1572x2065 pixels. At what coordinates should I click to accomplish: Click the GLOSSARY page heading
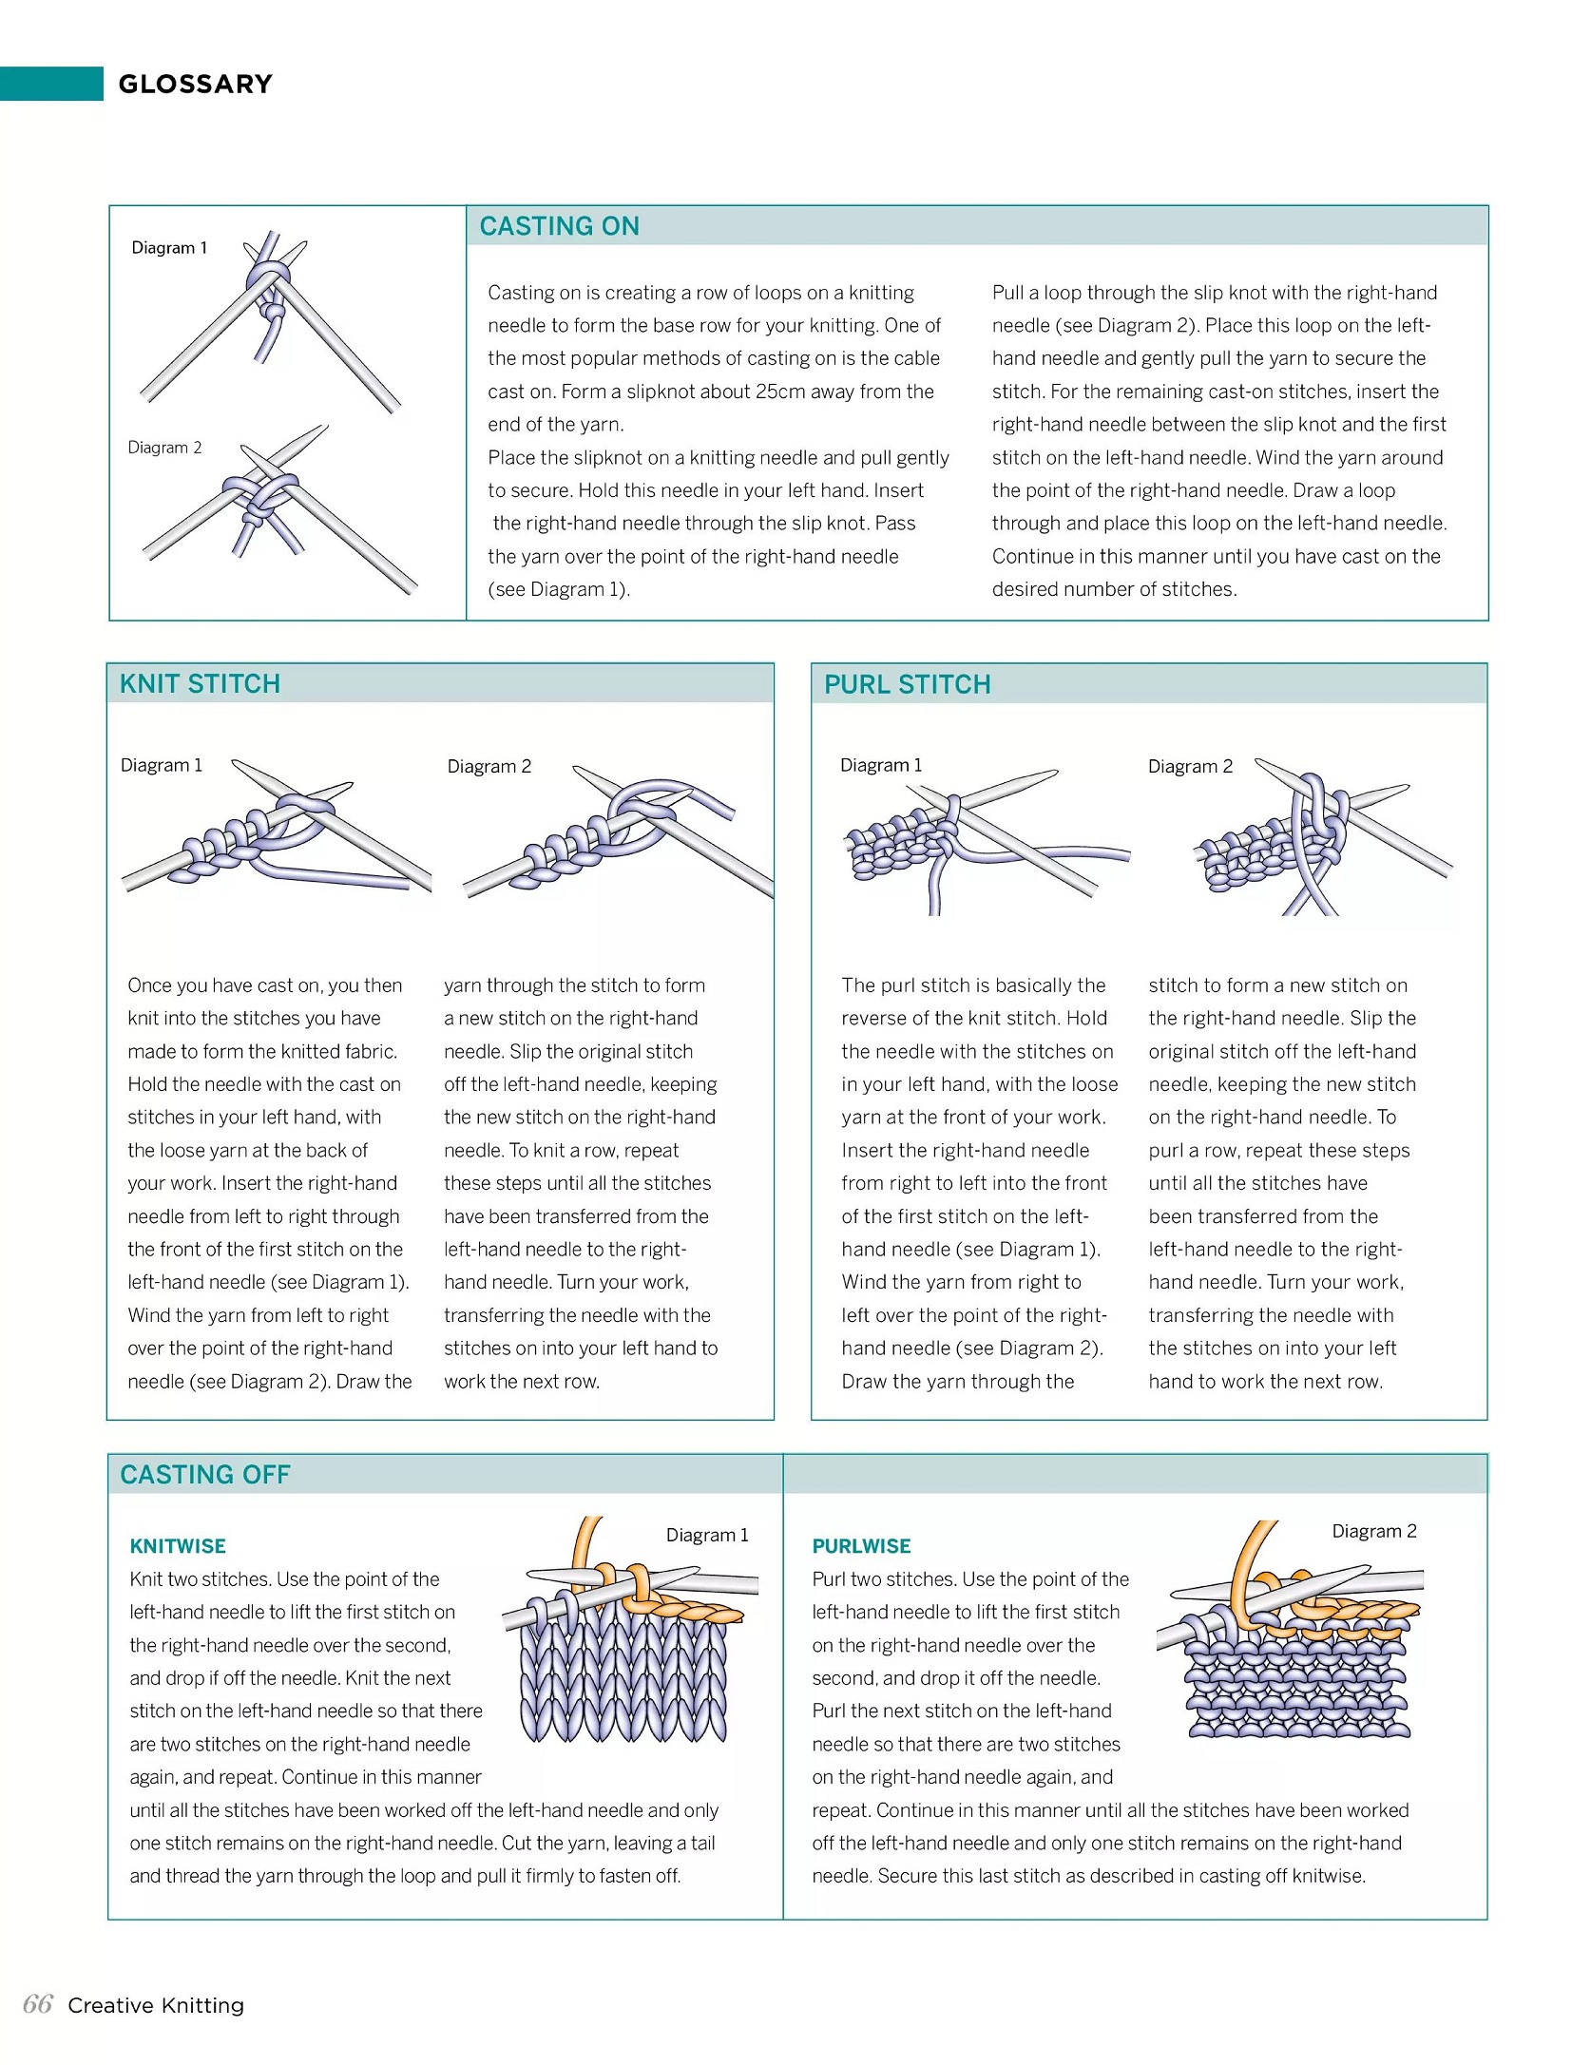tap(195, 85)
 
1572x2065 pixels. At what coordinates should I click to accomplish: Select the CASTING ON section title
tap(559, 226)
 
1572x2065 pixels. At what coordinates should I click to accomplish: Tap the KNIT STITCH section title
tap(200, 684)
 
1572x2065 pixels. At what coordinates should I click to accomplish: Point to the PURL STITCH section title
tap(907, 684)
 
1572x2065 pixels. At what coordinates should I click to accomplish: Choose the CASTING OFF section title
tap(204, 1475)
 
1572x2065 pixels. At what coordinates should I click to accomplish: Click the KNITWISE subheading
tap(178, 1546)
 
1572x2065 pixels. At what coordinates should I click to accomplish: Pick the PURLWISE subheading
tap(861, 1546)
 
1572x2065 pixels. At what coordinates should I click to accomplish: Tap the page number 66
tap(38, 2004)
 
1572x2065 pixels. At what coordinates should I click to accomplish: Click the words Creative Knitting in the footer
tap(156, 2005)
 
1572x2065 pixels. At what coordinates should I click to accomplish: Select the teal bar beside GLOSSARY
tap(51, 84)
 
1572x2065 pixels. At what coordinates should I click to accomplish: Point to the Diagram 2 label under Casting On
tap(164, 448)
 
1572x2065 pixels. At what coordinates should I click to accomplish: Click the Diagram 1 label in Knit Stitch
tap(162, 765)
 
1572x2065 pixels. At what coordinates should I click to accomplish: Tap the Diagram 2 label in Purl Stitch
tap(1190, 766)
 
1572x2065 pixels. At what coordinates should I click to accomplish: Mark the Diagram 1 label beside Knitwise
tap(707, 1535)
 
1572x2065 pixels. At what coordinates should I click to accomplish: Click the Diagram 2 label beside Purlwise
tap(1373, 1531)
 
